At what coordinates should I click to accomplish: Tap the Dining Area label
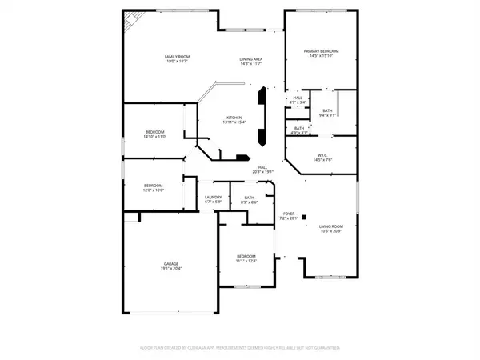251,61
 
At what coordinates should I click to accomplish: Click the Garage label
171,265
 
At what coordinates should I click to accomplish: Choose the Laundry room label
213,199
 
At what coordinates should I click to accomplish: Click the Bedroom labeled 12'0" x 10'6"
153,187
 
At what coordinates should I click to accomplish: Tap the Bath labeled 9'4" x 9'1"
327,113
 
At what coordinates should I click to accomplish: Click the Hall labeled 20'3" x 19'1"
264,170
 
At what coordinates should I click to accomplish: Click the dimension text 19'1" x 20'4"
171,268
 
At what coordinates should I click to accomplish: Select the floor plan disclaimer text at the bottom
240,348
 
